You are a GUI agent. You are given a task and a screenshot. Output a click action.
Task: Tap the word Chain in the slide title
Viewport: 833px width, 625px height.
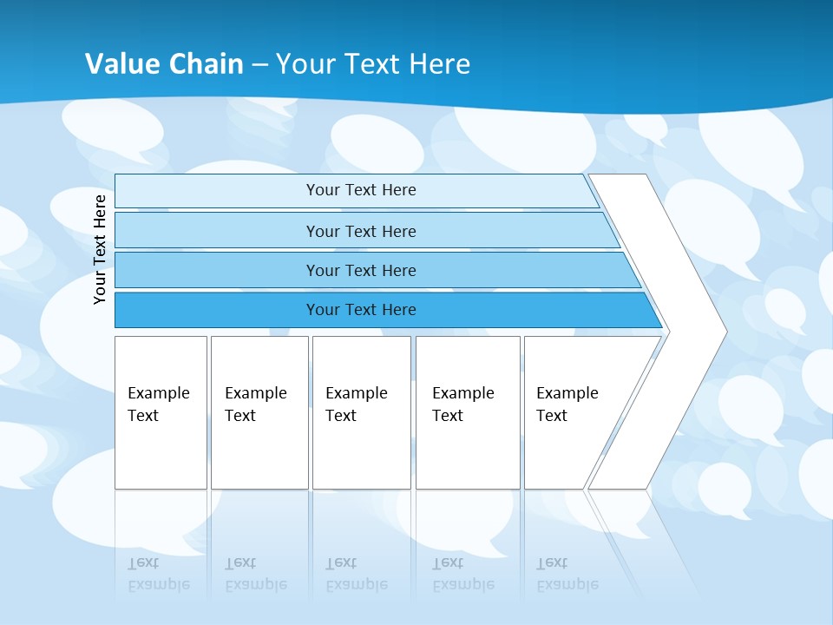206,64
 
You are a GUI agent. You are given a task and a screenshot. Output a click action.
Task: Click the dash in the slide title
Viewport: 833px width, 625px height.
259,65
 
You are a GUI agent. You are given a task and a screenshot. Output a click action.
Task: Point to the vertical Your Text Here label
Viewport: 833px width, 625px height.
100,249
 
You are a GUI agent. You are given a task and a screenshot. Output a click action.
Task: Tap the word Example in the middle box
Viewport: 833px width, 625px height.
356,393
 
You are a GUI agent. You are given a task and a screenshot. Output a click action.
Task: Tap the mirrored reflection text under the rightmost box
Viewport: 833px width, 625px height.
567,574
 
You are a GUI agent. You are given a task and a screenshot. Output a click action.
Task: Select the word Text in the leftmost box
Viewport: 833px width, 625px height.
143,416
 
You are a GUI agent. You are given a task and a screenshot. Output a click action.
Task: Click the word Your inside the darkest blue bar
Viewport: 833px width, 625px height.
322,310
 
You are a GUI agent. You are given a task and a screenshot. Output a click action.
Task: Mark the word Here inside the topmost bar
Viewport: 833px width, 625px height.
398,190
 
